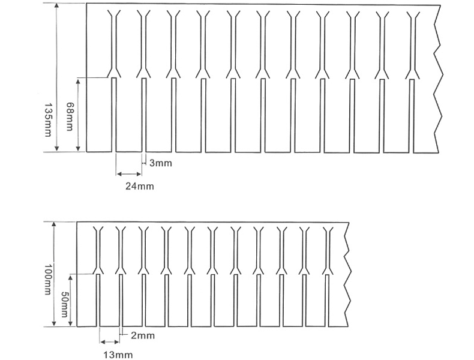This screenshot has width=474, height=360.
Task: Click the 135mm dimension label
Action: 47,118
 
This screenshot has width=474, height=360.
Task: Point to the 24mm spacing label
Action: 139,186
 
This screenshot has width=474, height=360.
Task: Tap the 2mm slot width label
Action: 143,335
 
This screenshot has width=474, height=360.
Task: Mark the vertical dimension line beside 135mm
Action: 57,78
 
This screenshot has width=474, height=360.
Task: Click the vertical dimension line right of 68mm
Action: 79,114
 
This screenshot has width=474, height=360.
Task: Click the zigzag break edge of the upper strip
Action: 437,78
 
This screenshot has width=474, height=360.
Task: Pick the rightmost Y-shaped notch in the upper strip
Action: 412,45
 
